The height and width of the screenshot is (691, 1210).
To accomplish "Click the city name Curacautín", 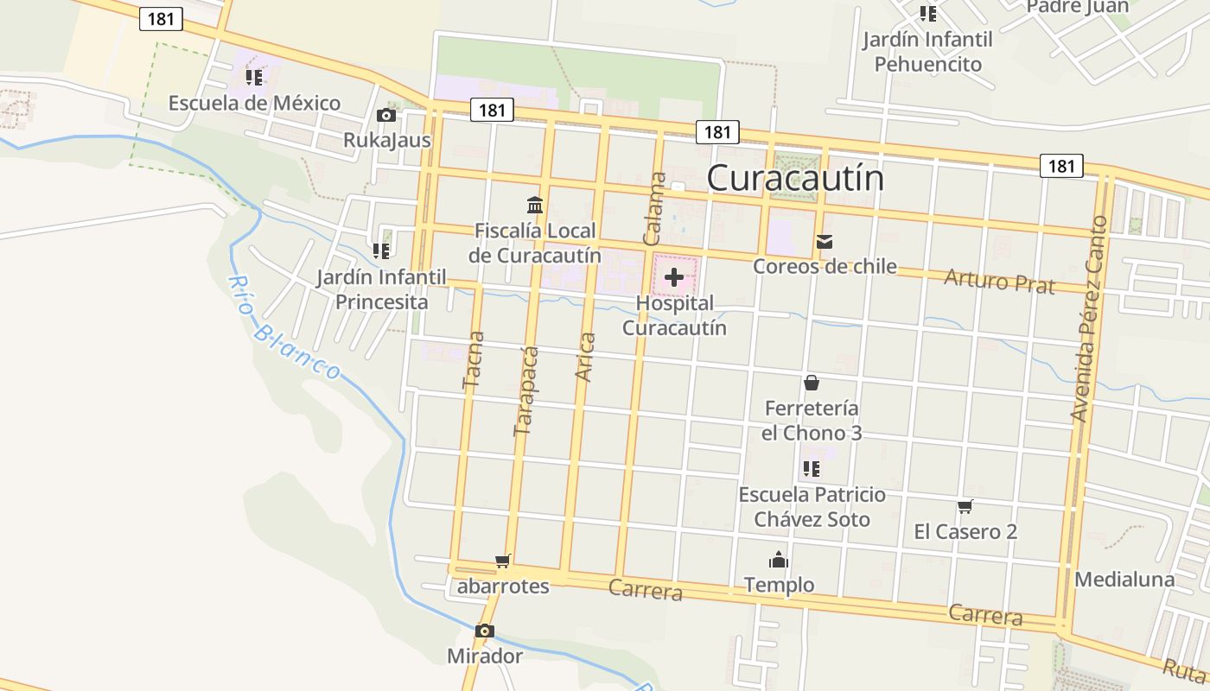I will coord(795,178).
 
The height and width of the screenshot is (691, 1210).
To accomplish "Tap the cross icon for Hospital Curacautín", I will coord(674,277).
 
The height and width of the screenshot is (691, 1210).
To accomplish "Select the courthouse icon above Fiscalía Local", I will coord(535,206).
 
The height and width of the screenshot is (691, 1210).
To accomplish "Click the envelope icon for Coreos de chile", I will coord(825,242).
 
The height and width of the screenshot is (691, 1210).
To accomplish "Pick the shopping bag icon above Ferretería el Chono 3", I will coord(812,383).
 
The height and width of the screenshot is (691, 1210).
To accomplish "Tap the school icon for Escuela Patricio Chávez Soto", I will coord(811,469).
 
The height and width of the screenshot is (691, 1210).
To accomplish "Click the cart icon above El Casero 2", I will coord(965,506).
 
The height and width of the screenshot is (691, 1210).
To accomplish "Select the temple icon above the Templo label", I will coord(779,561).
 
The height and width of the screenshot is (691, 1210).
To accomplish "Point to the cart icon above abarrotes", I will coord(503,561).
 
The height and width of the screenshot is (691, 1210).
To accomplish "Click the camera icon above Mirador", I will coord(484,631).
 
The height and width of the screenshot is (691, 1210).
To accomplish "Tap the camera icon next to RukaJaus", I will coord(386,115).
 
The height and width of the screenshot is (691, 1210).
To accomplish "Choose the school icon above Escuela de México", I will coord(253,78).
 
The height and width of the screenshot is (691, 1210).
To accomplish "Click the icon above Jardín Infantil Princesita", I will coord(381,251).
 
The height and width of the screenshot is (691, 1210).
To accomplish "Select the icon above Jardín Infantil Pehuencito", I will coord(927,14).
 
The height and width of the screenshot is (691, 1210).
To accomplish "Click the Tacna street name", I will coord(474,361).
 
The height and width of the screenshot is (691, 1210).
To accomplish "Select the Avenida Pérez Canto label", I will coord(1089,318).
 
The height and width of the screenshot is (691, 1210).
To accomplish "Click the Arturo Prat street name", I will coord(999,281).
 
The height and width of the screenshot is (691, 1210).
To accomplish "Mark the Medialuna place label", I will coord(1124,580).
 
